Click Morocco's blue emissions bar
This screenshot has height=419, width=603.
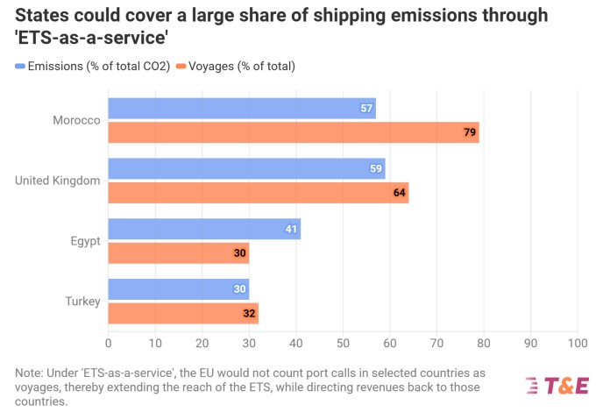pos(242,109)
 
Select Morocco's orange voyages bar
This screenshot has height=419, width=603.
pos(294,132)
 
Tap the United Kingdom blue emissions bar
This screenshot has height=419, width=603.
pos(247,168)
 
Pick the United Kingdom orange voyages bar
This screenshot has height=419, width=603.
pos(259,193)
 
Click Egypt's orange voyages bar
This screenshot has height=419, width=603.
pos(179,253)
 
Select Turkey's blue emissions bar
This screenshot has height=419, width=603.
pos(179,289)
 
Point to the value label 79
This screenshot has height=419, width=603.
pos(470,132)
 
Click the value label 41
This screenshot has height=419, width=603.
pos(291,229)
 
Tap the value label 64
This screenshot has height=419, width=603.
pos(399,193)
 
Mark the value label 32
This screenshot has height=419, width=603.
pos(249,314)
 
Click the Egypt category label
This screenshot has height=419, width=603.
pos(85,242)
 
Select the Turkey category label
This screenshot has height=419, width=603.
pos(82,302)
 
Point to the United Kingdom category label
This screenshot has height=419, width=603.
pos(58,181)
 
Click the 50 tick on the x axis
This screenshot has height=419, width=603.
pos(343,344)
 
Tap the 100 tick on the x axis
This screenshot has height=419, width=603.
pos(578,344)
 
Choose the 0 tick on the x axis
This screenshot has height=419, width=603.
pos(109,344)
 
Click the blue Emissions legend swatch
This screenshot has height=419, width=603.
pos(20,67)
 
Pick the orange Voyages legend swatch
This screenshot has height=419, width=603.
pos(181,67)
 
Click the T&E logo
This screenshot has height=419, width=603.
pos(557,386)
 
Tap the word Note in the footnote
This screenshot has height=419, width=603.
pos(29,373)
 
